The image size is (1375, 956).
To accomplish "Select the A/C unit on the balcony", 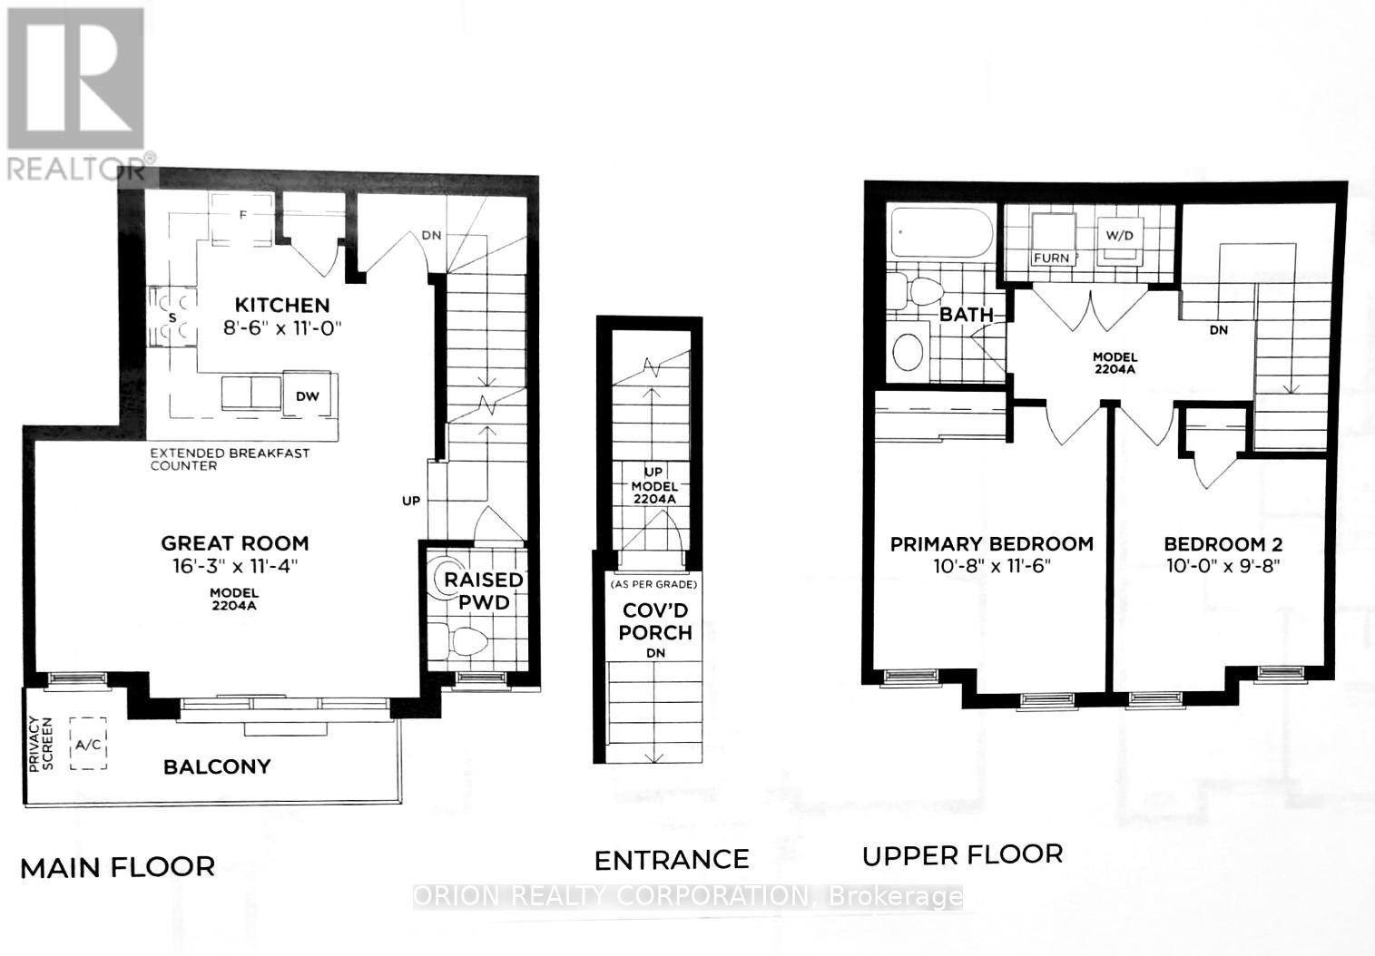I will point(89,745).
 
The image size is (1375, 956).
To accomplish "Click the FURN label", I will point(1051,258).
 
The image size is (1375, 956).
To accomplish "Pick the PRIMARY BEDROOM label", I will point(991,543).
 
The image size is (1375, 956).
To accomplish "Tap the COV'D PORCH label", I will point(654,620).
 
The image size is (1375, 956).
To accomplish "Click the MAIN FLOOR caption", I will point(117,867).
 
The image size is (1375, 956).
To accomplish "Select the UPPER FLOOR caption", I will point(962,854).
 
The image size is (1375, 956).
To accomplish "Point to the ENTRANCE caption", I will point(672,859).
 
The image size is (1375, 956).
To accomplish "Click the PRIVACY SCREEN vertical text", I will point(41,744).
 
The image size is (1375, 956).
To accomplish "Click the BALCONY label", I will point(217,766).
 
